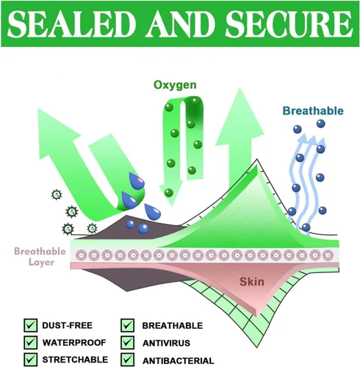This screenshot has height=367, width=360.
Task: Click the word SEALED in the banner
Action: tap(71, 24)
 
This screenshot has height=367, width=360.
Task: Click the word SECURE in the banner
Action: tap(289, 24)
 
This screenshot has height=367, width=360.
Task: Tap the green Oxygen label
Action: tap(175, 85)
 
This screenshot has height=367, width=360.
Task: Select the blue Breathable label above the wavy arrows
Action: tap(313, 111)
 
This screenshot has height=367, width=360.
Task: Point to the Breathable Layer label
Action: tap(40, 256)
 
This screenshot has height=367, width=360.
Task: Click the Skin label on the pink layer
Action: tap(252, 282)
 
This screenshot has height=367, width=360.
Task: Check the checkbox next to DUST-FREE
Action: tap(31, 325)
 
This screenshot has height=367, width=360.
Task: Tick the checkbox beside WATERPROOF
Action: tap(31, 342)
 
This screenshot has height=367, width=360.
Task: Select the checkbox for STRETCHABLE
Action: tap(31, 360)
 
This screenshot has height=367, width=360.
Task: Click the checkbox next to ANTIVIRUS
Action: tap(127, 342)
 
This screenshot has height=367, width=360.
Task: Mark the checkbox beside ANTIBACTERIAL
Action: tap(127, 360)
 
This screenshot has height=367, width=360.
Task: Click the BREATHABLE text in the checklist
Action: tap(173, 326)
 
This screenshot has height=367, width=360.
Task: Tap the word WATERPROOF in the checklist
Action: tap(74, 343)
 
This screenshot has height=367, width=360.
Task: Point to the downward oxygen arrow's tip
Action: tap(170, 206)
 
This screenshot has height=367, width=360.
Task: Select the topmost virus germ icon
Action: tap(57, 195)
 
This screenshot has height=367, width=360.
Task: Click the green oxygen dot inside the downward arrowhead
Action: tap(169, 193)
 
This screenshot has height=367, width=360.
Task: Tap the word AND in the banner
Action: tap(181, 24)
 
